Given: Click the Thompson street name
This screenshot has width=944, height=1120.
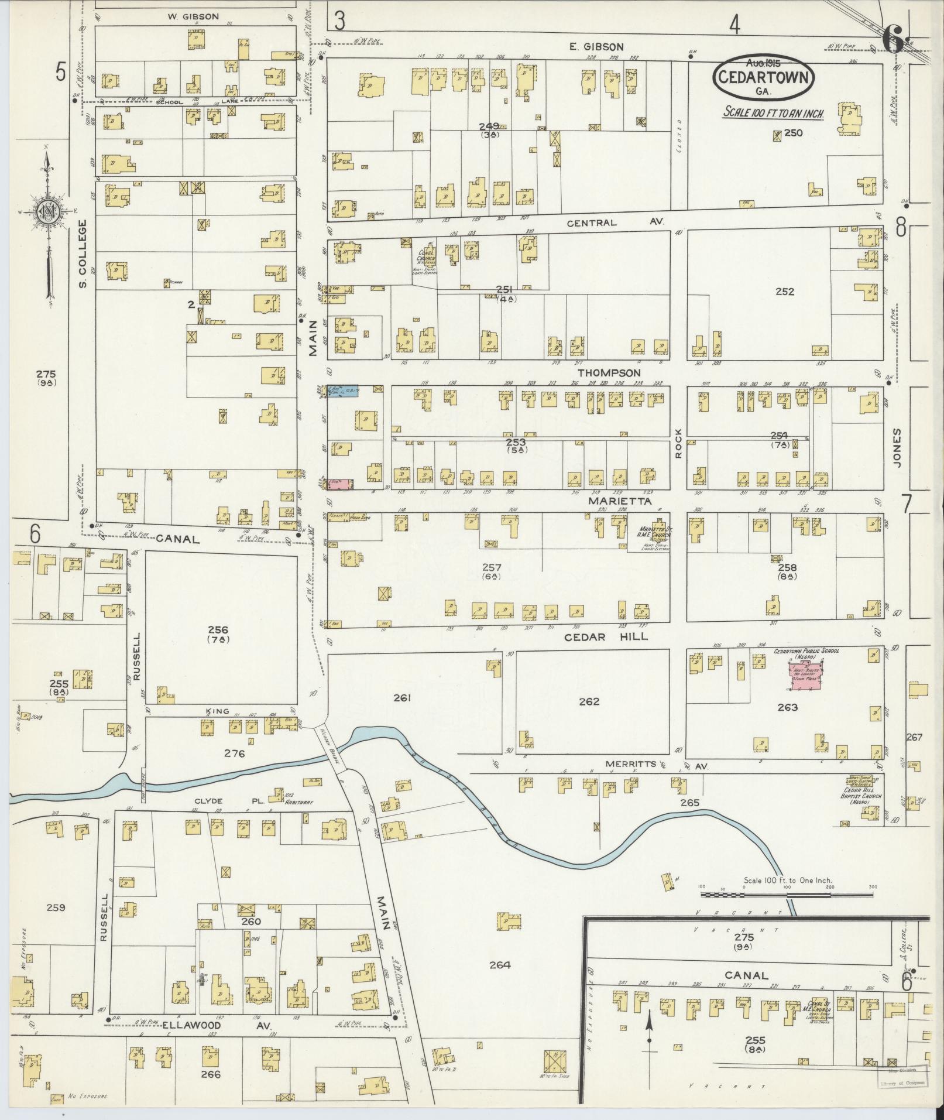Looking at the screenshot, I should (x=609, y=372).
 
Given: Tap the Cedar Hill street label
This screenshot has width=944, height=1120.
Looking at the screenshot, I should (x=606, y=636).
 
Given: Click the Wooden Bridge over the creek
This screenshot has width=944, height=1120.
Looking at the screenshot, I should (x=332, y=745).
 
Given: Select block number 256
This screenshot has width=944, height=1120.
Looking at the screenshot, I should (x=218, y=630).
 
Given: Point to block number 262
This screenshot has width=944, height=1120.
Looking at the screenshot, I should (x=588, y=701).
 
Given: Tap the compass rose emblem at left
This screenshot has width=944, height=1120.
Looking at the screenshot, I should (x=46, y=212).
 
